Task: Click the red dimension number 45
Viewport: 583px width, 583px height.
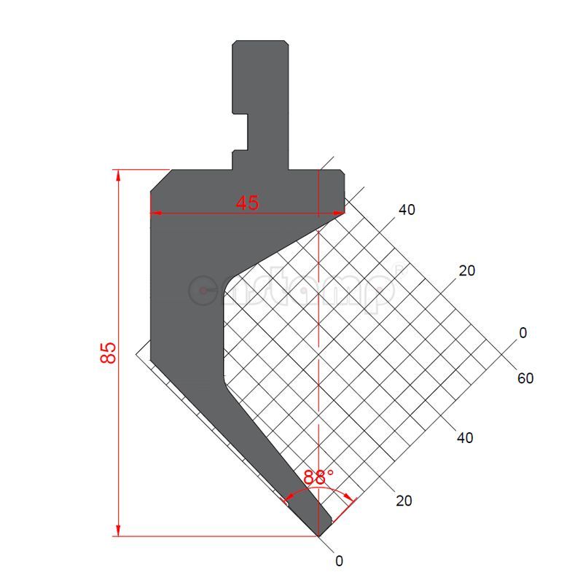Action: click(x=247, y=203)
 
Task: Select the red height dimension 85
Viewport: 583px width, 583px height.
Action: click(x=108, y=353)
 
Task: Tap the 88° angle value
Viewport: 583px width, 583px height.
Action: click(x=318, y=478)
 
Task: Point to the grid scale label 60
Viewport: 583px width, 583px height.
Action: click(x=525, y=378)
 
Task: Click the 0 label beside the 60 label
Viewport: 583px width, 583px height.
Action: click(x=523, y=333)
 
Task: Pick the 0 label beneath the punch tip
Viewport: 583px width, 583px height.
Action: click(x=339, y=561)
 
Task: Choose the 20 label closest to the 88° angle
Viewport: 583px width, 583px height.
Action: click(x=404, y=501)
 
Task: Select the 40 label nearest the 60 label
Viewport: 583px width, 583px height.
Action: click(x=465, y=438)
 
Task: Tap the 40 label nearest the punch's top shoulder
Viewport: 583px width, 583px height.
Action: click(x=407, y=210)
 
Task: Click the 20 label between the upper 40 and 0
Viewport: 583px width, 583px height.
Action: click(x=467, y=271)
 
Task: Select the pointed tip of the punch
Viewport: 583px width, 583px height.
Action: click(x=319, y=535)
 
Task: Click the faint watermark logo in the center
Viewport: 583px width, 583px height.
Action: click(x=291, y=290)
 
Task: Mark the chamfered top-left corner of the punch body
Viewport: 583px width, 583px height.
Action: click(x=160, y=181)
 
